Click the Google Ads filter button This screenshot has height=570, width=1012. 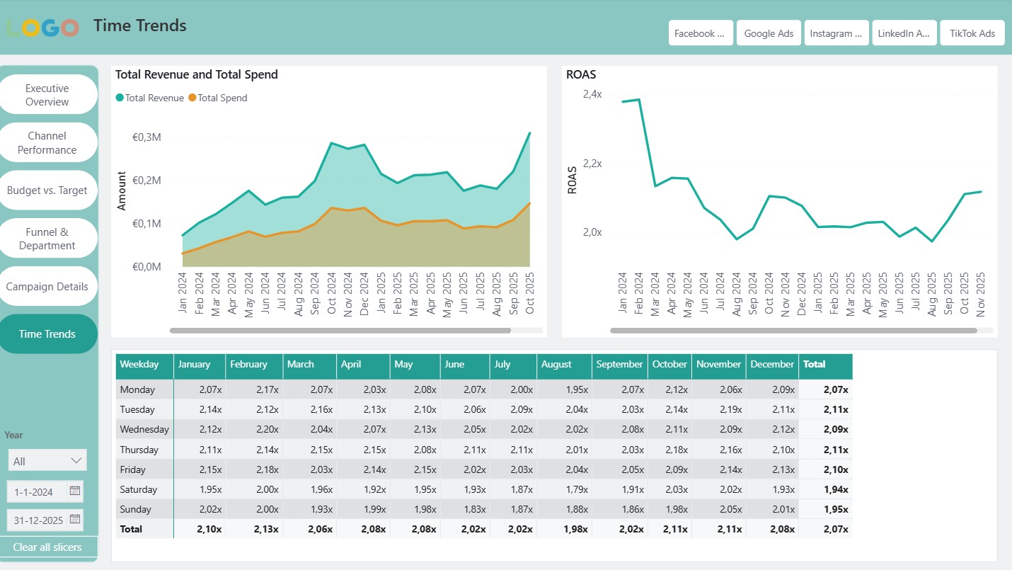[x=769, y=33]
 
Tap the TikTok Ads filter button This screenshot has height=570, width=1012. [x=972, y=33]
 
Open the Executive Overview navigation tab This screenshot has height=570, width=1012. [x=47, y=95]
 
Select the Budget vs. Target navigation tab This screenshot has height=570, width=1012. [x=47, y=190]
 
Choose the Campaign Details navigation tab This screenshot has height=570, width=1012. [x=47, y=287]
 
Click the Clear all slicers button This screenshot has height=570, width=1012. [x=47, y=547]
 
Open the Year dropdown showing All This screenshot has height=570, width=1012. [x=47, y=461]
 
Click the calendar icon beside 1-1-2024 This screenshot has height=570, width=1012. [x=75, y=491]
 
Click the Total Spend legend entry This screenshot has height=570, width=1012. [x=222, y=98]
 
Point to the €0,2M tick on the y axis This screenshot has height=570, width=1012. [x=147, y=181]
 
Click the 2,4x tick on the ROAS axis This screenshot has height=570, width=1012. [x=592, y=94]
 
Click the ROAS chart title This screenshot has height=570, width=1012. [x=580, y=74]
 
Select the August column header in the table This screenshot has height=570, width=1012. [x=556, y=365]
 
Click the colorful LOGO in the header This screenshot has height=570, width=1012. [x=42, y=28]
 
